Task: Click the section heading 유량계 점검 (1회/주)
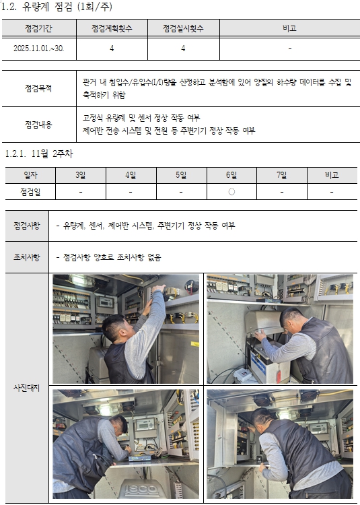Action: [x=67, y=7]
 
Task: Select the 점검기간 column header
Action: [x=38, y=28]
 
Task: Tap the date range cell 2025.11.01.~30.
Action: [x=38, y=48]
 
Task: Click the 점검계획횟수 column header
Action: [x=112, y=28]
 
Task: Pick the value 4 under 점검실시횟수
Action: [x=183, y=48]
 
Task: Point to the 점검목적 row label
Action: [x=38, y=88]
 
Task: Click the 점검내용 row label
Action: [x=38, y=125]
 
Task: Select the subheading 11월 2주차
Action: [x=52, y=154]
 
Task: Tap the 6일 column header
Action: [x=231, y=175]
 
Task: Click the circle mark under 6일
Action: [x=231, y=192]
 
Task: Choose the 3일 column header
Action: [x=81, y=175]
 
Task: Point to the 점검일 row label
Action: [x=30, y=193]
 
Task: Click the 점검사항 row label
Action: [x=27, y=226]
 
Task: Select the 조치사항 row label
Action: [x=27, y=257]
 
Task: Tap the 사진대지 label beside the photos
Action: [x=27, y=388]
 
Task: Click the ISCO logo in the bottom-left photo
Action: [x=141, y=490]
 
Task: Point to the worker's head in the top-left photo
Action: [x=114, y=328]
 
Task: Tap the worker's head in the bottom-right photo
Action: [x=262, y=417]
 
